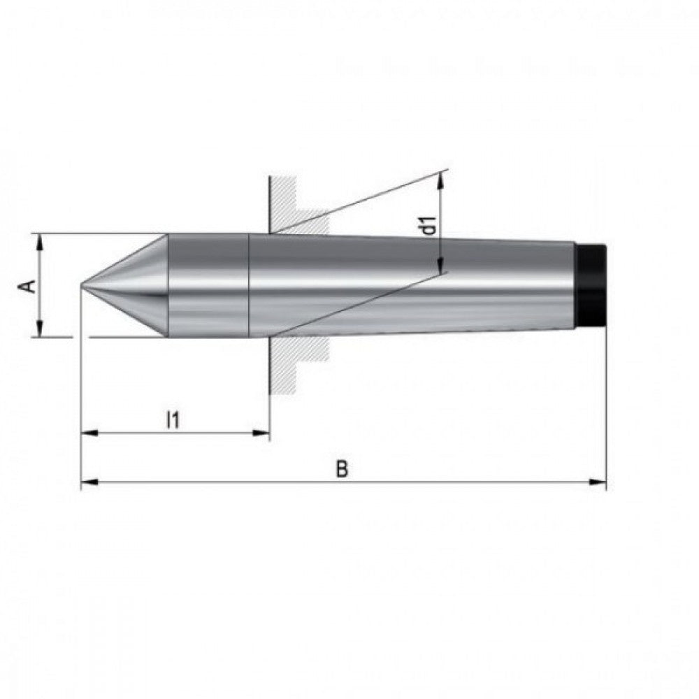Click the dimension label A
click(29, 286)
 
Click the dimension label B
click(342, 469)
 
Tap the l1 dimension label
click(173, 420)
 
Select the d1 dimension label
click(429, 226)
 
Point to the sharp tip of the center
click(82, 285)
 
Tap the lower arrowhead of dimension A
click(40, 329)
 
